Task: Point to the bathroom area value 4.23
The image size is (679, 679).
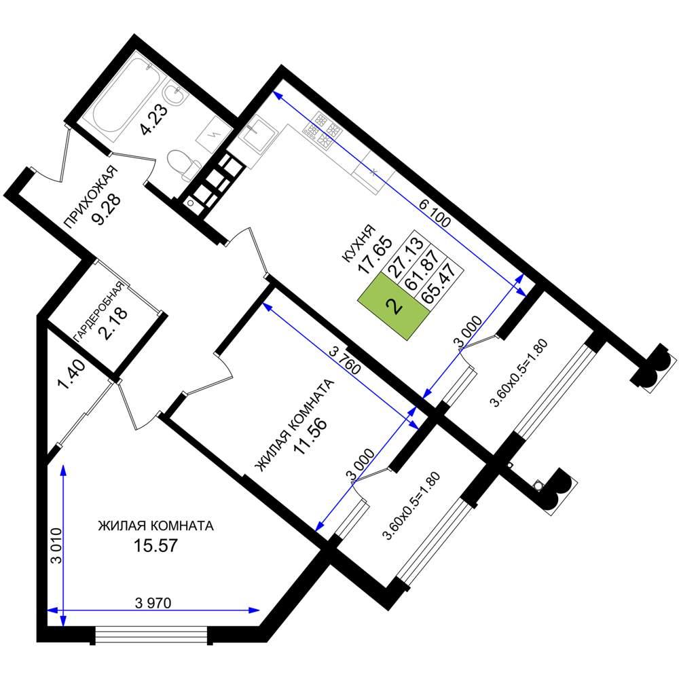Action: point(153,120)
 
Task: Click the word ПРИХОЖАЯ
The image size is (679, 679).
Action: point(91,197)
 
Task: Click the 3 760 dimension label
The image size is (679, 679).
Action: point(345,361)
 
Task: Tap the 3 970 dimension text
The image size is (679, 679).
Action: point(153,603)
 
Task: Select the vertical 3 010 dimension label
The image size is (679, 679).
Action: point(57,546)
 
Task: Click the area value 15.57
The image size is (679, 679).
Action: point(155,545)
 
